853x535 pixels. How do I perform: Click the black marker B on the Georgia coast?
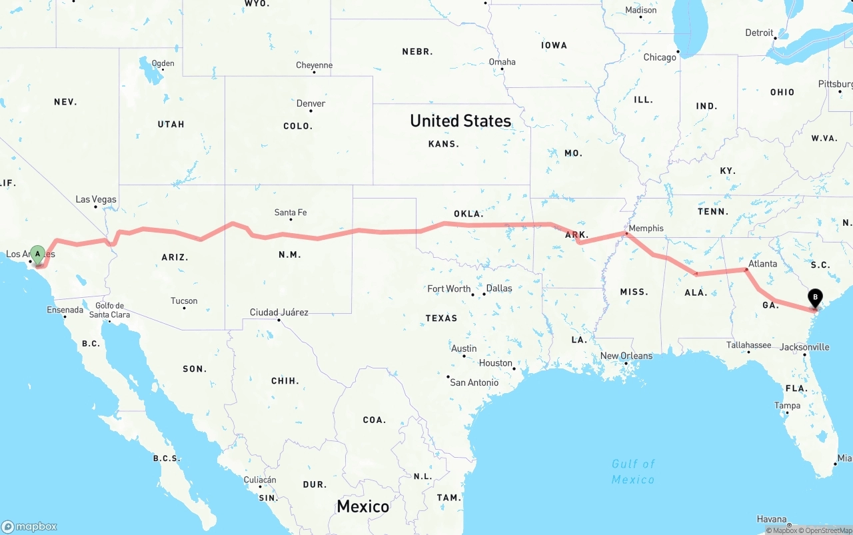click(x=814, y=298)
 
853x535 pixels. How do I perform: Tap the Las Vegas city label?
click(x=96, y=199)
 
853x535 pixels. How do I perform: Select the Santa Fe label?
click(x=291, y=213)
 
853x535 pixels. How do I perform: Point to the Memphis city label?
click(x=646, y=229)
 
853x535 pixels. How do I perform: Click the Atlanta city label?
click(x=762, y=264)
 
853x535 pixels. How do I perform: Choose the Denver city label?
click(x=311, y=103)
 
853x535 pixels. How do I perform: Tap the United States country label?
click(x=460, y=121)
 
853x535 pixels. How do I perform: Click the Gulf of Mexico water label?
click(x=633, y=471)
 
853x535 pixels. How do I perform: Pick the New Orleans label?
click(x=626, y=356)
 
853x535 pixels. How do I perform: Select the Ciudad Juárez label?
click(x=279, y=312)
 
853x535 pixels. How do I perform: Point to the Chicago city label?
click(x=660, y=57)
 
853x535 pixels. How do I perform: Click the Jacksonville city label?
click(x=804, y=347)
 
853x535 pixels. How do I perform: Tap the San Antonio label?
click(x=474, y=382)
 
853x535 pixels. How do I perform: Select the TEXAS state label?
click(x=441, y=318)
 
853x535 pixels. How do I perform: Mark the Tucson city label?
click(x=184, y=301)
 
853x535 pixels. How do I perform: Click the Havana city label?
click(x=772, y=519)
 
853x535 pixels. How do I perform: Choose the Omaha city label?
click(x=502, y=62)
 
